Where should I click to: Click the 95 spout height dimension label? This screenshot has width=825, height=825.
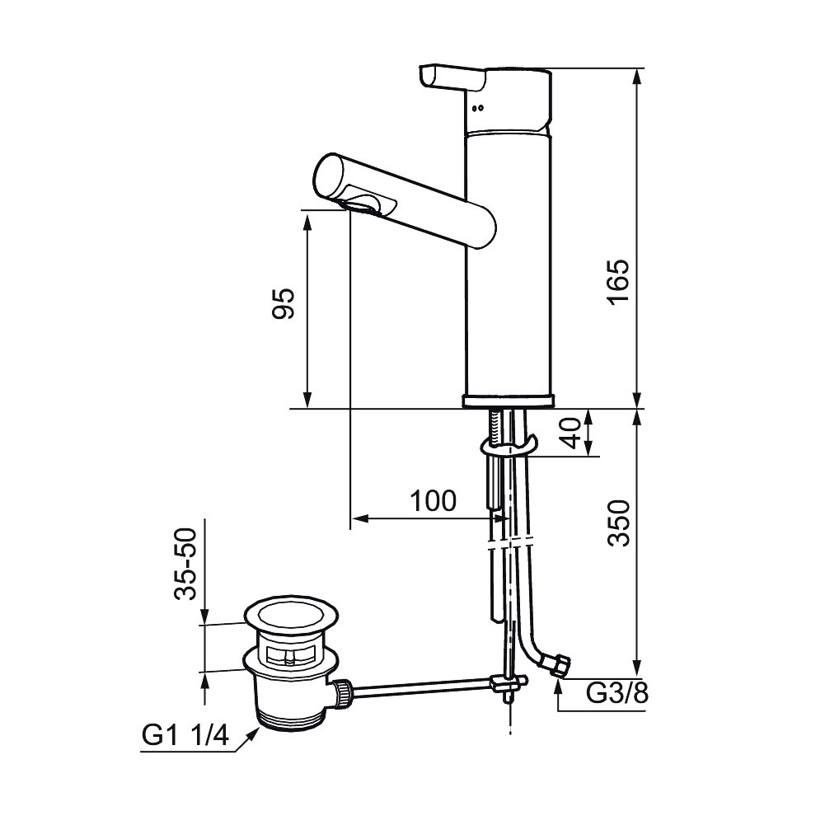(x=283, y=303)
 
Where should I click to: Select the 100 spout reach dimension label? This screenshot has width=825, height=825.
(x=433, y=500)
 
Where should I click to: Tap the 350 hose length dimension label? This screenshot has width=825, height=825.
(x=618, y=523)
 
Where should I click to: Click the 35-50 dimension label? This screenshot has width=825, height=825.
(x=185, y=564)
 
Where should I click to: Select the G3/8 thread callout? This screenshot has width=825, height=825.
(x=617, y=693)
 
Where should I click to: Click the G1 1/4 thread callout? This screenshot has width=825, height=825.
(x=185, y=734)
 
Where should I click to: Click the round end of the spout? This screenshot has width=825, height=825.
(x=330, y=176)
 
